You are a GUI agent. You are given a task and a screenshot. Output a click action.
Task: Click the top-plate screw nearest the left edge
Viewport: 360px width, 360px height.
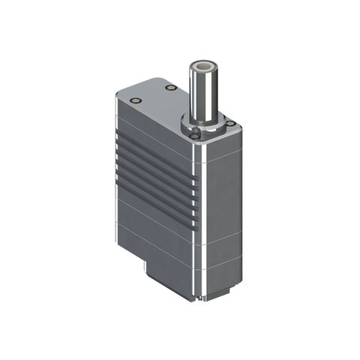pos(134,100)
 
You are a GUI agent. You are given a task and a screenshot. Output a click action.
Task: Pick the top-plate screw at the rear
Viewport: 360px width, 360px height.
pos(170,88)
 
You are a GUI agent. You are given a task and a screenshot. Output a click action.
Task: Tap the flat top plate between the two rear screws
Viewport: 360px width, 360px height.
pos(154,94)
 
